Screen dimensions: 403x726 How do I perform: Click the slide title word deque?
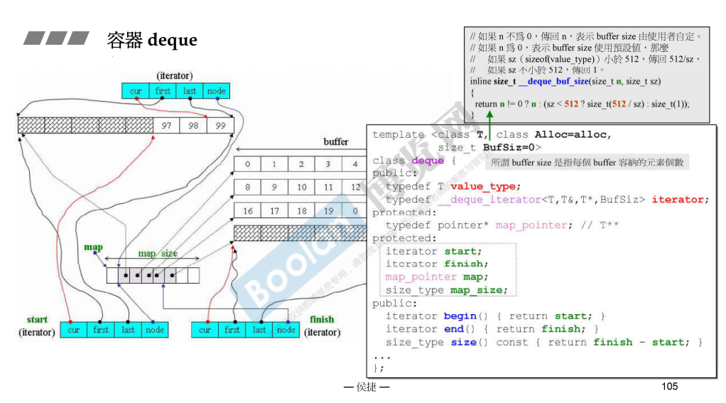tap(172, 40)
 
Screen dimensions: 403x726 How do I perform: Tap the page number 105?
tap(669, 386)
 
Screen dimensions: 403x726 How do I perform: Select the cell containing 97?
tap(166, 126)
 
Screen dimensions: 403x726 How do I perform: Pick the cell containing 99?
tap(220, 126)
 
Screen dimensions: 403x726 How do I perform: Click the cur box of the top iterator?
tap(136, 91)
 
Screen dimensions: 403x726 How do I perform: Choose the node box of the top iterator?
tap(216, 91)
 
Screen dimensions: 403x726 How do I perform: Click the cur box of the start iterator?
tap(74, 330)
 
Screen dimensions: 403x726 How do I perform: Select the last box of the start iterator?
tap(128, 330)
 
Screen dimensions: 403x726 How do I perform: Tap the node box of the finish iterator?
tap(286, 330)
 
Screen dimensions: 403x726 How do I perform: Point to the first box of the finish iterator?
tap(232, 330)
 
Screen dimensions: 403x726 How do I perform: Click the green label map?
tap(94, 247)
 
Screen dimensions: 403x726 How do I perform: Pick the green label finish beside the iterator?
tap(322, 319)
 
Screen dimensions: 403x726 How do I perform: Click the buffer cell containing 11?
tap(328, 188)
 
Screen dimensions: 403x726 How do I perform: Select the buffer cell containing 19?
tap(328, 211)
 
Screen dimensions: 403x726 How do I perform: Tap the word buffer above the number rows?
tap(336, 141)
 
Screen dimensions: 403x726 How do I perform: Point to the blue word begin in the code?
tap(460, 316)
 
